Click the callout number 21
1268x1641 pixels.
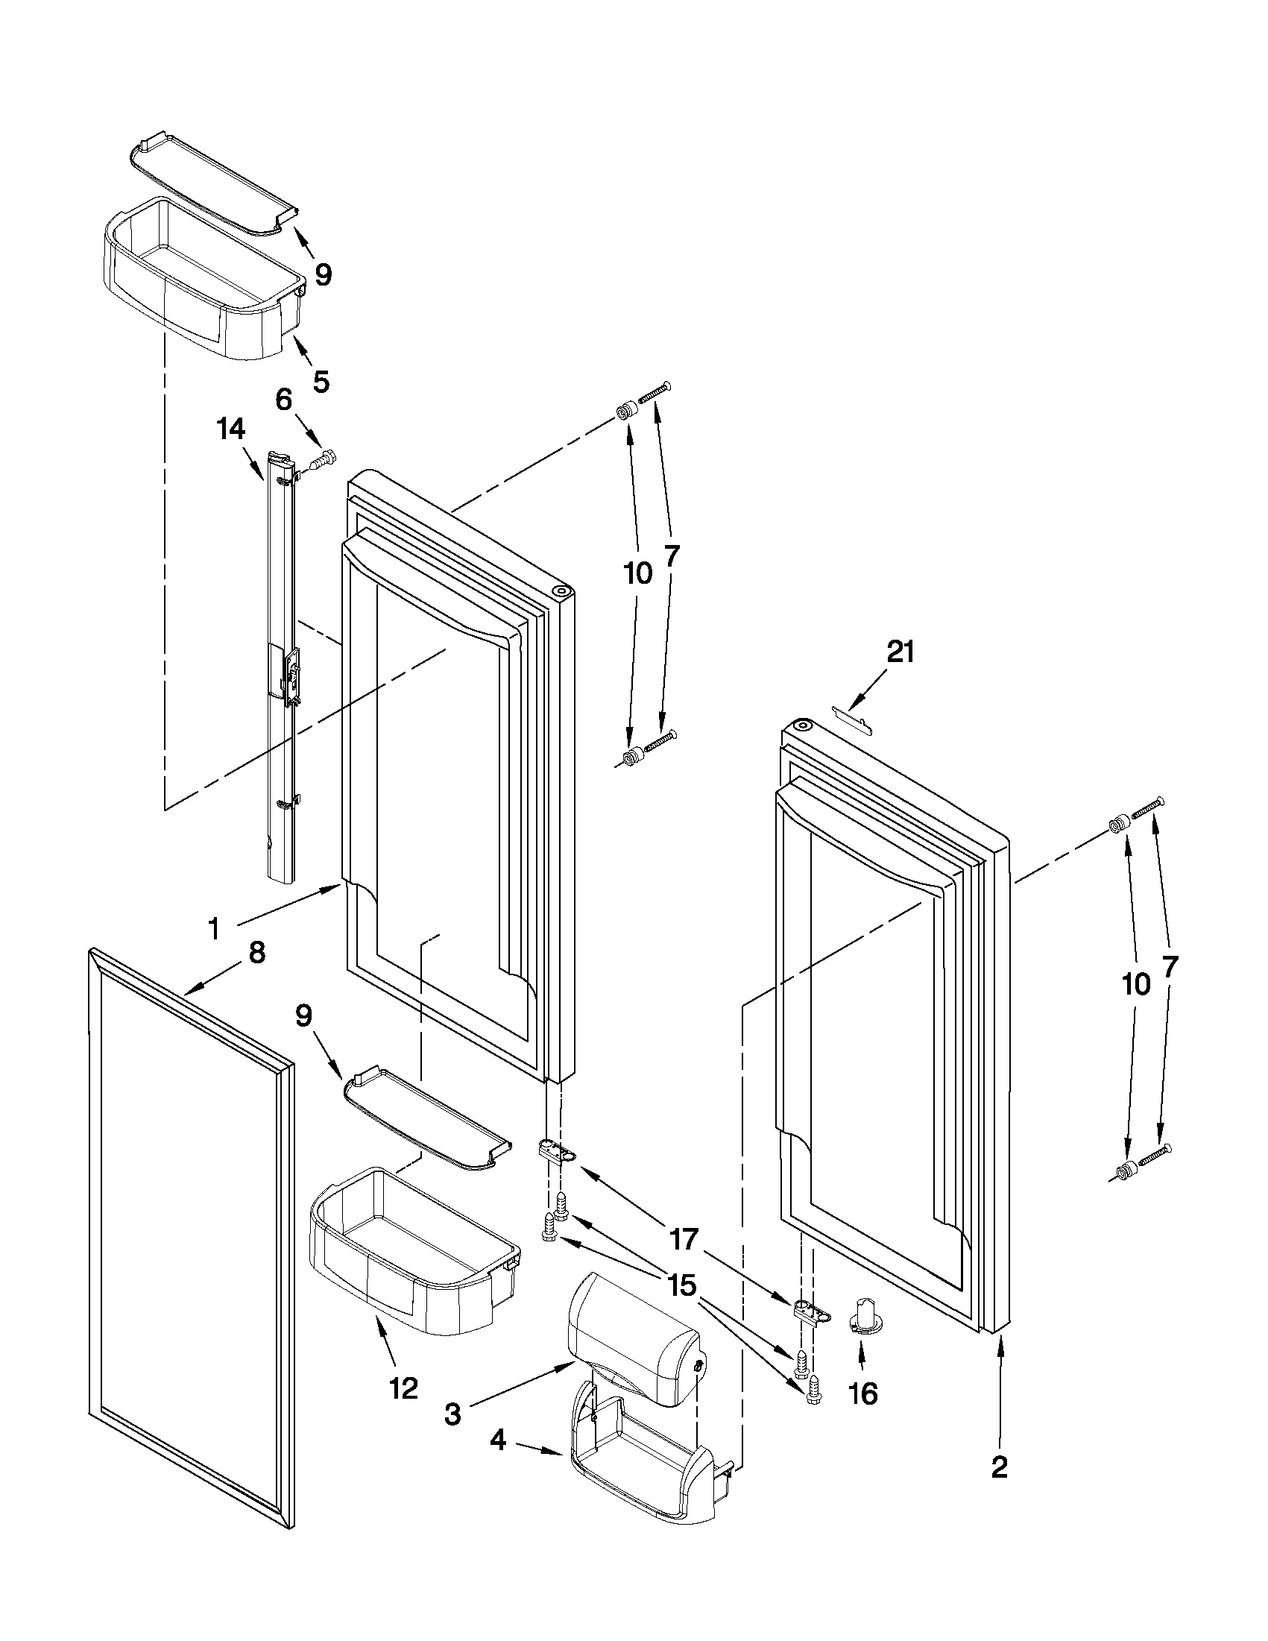click(900, 652)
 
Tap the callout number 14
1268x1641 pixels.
click(230, 429)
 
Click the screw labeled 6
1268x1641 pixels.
click(324, 459)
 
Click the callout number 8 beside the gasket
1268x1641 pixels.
click(256, 953)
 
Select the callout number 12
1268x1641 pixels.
click(403, 1388)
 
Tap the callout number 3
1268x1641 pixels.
click(452, 1414)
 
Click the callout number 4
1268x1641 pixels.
click(499, 1461)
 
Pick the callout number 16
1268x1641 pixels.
click(863, 1393)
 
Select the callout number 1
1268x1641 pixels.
click(214, 930)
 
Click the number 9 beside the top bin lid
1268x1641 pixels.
click(322, 275)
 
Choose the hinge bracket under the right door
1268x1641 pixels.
click(811, 1312)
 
